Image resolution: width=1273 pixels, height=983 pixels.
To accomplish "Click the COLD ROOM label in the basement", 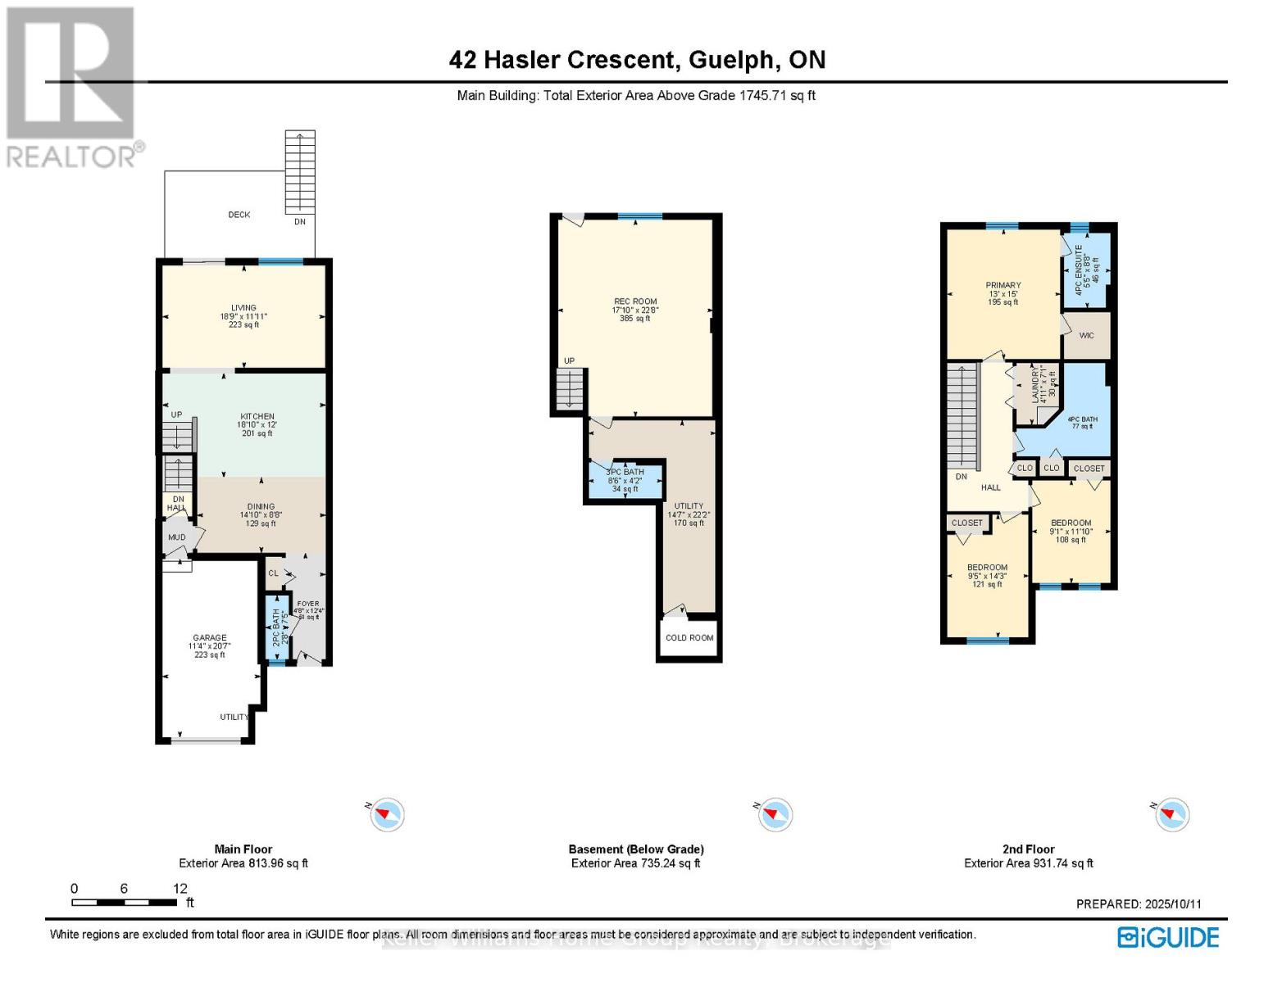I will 689,637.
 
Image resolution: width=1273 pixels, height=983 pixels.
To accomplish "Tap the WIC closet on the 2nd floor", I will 1086,336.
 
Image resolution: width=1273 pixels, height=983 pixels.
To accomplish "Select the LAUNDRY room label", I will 1035,383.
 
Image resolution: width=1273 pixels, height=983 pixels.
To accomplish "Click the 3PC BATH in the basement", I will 625,480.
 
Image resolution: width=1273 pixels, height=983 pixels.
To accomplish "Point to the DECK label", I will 239,215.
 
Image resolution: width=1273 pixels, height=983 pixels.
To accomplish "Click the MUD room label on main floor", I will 177,537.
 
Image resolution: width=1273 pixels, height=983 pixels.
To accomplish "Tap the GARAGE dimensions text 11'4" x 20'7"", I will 210,646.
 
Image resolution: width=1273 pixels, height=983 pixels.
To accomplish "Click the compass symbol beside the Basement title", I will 773,814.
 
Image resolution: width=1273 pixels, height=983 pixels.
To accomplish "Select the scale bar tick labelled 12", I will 180,889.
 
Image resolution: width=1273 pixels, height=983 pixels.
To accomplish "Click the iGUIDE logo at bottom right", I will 1169,937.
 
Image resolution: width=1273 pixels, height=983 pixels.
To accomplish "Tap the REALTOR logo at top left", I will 72,86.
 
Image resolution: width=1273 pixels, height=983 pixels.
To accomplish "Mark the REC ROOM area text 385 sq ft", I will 635,319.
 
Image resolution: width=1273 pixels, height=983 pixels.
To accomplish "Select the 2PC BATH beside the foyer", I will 276,627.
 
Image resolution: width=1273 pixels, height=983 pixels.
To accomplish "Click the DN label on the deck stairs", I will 300,222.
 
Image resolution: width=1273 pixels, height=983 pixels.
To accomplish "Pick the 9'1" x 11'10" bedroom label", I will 1071,532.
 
